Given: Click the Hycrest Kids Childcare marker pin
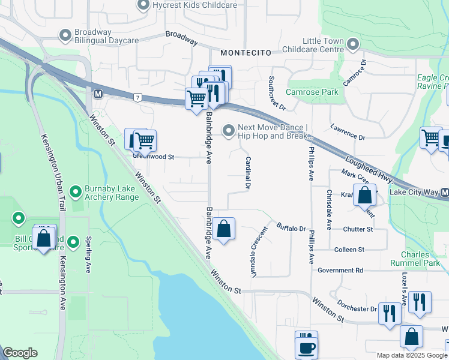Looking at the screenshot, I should pos(143,5).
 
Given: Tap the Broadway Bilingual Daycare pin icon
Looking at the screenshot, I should pos(65,36).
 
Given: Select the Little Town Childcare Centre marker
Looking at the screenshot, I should pos(353,44).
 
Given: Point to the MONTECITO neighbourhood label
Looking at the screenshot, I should pos(243,53).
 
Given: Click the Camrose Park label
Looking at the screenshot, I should pos(312,92).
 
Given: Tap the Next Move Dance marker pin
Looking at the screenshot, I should pos(228,130).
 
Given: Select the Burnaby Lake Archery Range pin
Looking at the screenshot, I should pos(75,192).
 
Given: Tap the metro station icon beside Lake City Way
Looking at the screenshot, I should pos(444,193).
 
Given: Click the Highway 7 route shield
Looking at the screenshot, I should pos(138,97).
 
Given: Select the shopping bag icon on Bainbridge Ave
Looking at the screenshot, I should pos(223,229).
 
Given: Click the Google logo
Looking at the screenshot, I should pos(20,353).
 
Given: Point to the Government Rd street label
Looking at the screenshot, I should pos(340,271).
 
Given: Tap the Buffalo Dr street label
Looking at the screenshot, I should pos(292,228).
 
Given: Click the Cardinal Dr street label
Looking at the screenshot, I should pos(247,173).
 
